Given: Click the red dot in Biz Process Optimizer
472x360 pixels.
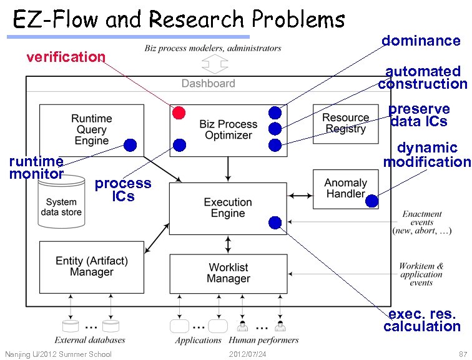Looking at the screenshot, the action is [x=179, y=112].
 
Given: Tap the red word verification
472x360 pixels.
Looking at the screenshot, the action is [x=66, y=57].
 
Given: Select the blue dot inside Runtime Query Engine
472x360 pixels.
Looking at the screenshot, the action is [x=130, y=145].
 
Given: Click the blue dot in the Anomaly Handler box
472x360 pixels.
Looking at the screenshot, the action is [x=371, y=201].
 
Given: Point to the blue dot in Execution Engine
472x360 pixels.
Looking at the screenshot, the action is [x=275, y=222].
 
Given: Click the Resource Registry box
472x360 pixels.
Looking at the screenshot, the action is [x=346, y=124].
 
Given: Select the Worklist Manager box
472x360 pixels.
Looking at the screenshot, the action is [x=229, y=274].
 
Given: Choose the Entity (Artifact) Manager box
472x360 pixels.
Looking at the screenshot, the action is [x=92, y=267].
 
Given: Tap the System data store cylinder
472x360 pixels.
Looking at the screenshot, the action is [x=61, y=201].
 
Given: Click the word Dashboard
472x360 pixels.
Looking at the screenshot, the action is [x=209, y=84].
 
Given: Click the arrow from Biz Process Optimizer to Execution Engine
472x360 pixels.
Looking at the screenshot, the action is [x=228, y=169].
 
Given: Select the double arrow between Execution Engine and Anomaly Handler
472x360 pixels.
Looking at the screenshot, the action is [x=300, y=196].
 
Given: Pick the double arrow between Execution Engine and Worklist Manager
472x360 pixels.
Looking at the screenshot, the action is [x=228, y=244].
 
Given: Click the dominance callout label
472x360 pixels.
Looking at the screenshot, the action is [x=421, y=41].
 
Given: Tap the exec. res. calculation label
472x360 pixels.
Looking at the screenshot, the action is [x=422, y=320].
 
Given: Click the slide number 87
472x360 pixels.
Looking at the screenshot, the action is [x=463, y=354].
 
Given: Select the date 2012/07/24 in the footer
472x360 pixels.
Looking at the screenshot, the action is [x=247, y=354].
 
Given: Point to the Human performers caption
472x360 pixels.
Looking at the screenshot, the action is [x=263, y=340].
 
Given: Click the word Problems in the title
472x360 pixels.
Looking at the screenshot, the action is [x=298, y=19].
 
